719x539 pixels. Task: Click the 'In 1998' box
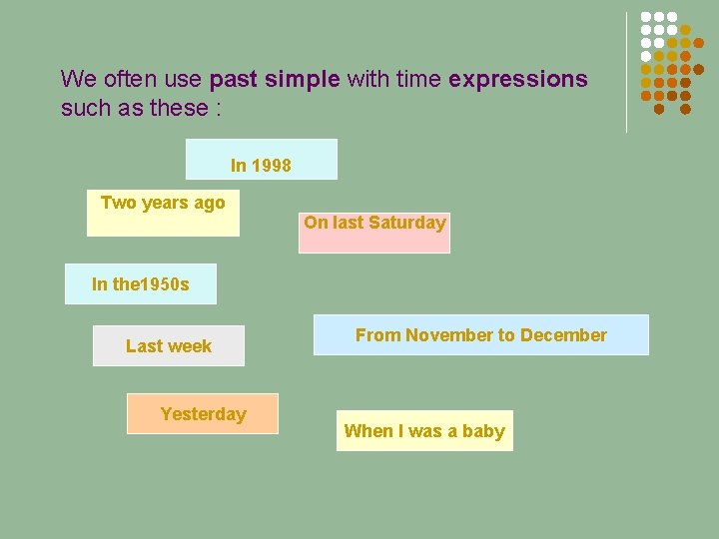coord(262,160)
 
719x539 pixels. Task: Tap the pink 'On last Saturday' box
coord(374,233)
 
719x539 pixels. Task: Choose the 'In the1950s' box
coord(140,284)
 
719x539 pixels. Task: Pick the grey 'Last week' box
coord(168,346)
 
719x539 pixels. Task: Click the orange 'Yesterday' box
coord(202,414)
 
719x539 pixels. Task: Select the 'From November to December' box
coord(480,335)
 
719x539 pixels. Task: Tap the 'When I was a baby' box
coord(424,431)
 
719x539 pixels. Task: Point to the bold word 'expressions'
coord(518,79)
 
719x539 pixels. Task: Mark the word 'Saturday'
coord(406,223)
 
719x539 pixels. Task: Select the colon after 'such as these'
coord(218,108)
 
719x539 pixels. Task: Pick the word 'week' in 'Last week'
coord(192,346)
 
